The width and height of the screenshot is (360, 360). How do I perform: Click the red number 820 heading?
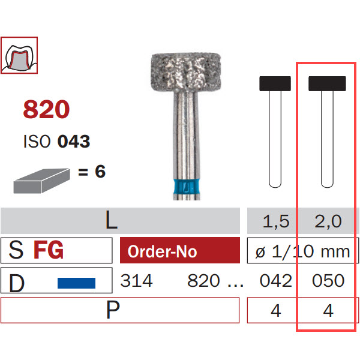46,109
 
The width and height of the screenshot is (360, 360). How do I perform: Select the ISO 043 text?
57,141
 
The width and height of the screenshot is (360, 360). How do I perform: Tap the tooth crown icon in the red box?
19,55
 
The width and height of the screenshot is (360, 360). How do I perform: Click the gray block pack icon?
42,181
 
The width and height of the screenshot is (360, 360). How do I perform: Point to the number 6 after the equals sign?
100,171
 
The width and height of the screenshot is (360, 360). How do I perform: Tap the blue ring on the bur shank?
187,187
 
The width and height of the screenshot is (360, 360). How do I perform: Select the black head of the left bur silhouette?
275,83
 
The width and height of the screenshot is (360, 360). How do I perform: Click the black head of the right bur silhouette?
327,83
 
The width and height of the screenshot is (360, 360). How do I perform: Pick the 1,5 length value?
276,221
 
